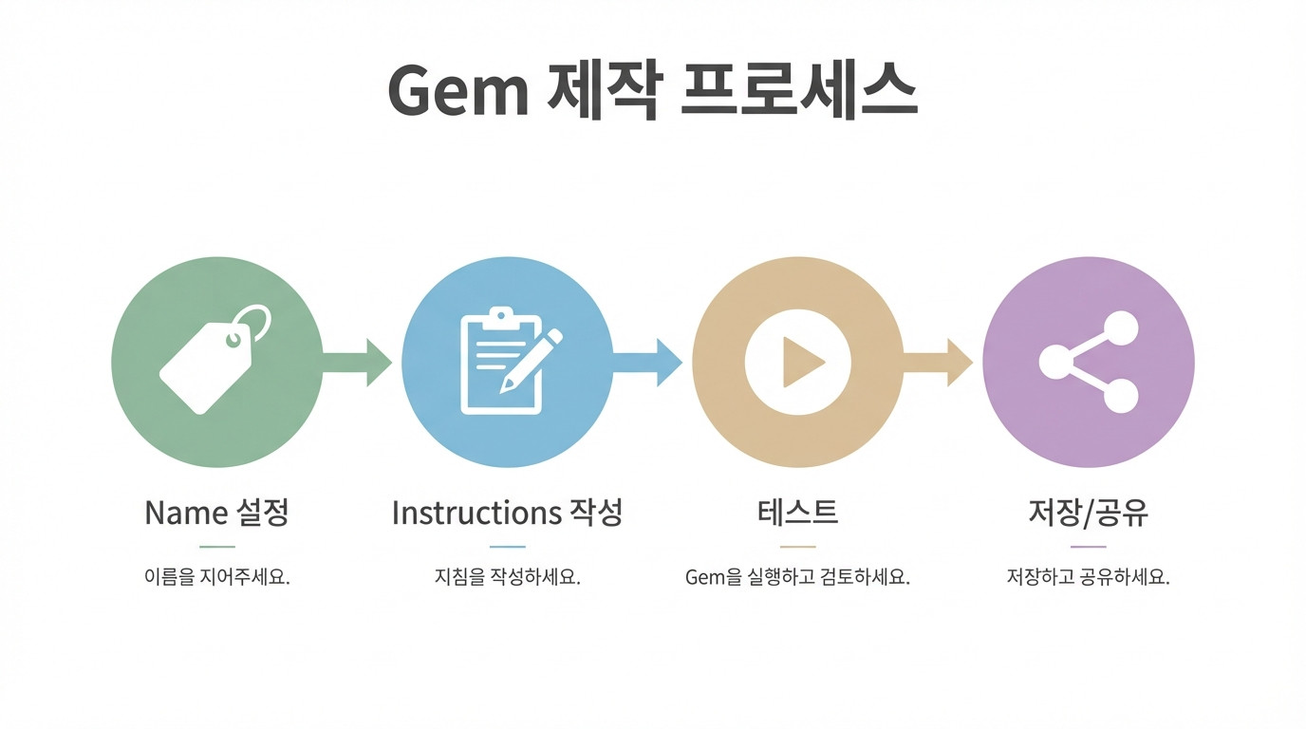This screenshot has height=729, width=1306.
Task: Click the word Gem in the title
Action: [458, 92]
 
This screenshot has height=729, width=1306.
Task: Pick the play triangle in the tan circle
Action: [800, 362]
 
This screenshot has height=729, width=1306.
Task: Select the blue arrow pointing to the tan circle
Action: [648, 362]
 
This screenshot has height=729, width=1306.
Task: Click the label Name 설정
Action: [216, 513]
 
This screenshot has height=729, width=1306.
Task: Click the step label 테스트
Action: [798, 513]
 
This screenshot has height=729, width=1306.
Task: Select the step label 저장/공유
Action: [1089, 513]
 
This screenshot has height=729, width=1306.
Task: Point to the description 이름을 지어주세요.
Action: [216, 577]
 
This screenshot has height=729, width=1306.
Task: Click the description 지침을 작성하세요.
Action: [507, 577]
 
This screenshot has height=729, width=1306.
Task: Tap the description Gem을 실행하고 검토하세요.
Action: [797, 577]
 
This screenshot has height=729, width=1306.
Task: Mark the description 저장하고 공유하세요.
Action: [1088, 577]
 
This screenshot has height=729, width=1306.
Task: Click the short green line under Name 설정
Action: [217, 547]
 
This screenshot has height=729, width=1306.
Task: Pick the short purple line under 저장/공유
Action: [1089, 547]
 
